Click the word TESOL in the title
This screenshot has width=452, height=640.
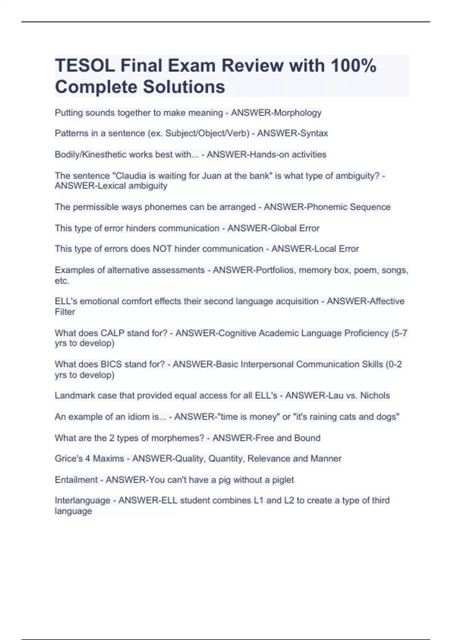point(85,66)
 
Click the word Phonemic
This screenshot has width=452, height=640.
point(327,207)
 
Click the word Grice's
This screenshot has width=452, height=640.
point(67,459)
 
